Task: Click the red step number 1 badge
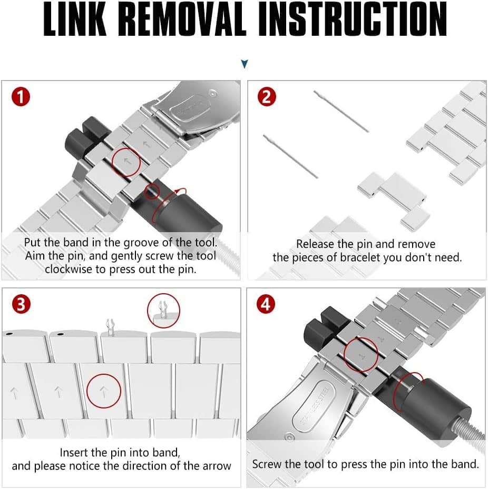coord(21,97)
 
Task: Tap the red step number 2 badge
coord(267,97)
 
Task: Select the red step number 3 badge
coord(21,304)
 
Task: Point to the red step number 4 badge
coord(266,304)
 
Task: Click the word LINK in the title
coord(75,19)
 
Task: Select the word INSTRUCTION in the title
coord(352,19)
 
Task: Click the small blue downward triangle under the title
coord(245,64)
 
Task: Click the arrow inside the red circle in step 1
coord(127,161)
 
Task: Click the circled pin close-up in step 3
coord(163,311)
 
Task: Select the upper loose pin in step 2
coord(341,112)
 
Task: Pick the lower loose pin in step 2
coord(291,156)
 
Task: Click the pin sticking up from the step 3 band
coord(110,326)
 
